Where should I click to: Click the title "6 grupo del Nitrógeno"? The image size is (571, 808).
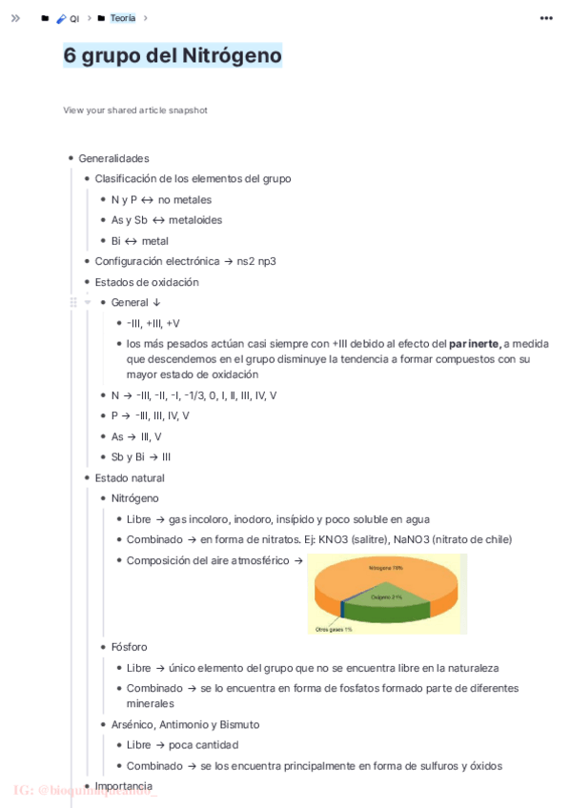tap(173, 56)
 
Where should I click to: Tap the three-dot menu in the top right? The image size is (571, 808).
tap(546, 18)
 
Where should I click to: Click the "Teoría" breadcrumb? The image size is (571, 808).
tap(122, 18)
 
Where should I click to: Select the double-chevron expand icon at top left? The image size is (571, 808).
tap(15, 18)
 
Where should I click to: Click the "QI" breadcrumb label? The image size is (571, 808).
tap(74, 19)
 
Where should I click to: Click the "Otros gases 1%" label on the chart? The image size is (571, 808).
tap(335, 629)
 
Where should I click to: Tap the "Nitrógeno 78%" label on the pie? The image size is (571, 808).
tap(386, 568)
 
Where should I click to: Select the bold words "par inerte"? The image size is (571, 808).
tap(475, 343)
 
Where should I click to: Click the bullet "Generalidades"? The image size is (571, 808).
tap(113, 158)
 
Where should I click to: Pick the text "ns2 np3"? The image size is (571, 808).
tap(256, 261)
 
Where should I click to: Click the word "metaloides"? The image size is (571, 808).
tap(195, 220)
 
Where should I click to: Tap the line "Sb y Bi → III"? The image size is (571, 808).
tap(141, 457)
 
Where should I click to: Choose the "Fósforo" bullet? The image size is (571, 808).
tap(129, 647)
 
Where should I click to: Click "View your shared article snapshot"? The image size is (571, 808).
tap(135, 111)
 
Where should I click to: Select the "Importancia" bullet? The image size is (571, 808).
tap(123, 786)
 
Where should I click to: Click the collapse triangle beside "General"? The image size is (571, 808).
tap(88, 303)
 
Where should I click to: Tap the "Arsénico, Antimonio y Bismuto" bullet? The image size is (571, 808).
tap(185, 724)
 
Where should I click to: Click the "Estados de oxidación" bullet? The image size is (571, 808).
tap(147, 282)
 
